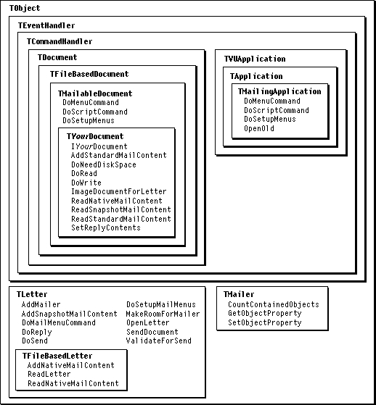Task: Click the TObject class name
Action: click(x=25, y=8)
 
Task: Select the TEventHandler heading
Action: click(x=46, y=25)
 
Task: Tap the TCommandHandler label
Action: click(x=60, y=41)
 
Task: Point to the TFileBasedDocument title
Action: click(x=89, y=74)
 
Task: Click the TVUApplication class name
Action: click(x=255, y=59)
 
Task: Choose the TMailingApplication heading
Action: click(x=279, y=91)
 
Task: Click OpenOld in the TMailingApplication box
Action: click(x=259, y=128)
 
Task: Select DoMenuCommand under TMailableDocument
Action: click(x=91, y=102)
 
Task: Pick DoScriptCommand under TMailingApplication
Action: click(x=277, y=110)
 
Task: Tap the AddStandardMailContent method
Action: click(x=119, y=155)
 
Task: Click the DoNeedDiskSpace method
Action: click(x=104, y=164)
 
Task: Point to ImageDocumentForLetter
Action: click(x=119, y=192)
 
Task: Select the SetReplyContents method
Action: click(x=106, y=227)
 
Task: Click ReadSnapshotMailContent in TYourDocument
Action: click(x=121, y=209)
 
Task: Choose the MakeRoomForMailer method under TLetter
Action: click(x=163, y=314)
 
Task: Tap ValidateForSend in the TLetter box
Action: click(x=159, y=341)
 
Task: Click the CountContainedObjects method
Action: click(x=274, y=304)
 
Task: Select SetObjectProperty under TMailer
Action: click(x=265, y=322)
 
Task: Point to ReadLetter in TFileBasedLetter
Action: click(x=49, y=374)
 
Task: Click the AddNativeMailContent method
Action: click(x=71, y=365)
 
